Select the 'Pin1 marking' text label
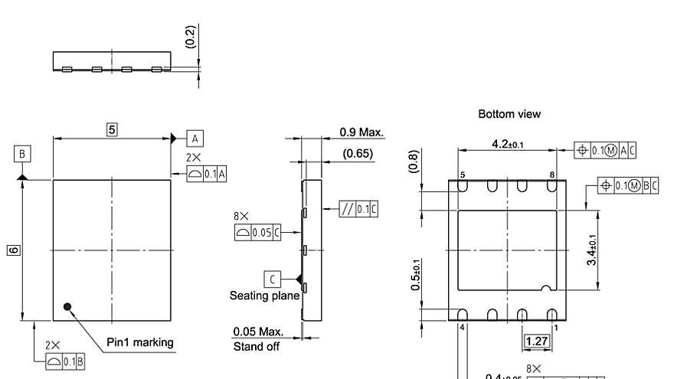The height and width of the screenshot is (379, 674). pos(140,342)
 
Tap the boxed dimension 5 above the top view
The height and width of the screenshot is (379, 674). pos(112,129)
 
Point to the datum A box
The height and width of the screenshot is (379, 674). pos(195,138)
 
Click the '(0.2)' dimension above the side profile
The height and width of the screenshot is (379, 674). pos(191,36)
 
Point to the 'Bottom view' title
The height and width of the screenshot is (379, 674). pos(509,113)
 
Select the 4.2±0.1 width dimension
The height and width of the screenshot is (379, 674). pos(508,144)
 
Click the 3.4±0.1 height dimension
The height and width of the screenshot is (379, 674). pos(592,250)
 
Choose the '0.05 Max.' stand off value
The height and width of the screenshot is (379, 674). pos(258,332)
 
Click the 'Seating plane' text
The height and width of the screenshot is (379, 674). pos(265,296)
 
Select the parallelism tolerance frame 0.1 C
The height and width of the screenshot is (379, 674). pos(359,208)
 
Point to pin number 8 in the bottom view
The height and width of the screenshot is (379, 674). pos(551,175)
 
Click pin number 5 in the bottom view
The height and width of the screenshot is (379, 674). pos(462,175)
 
